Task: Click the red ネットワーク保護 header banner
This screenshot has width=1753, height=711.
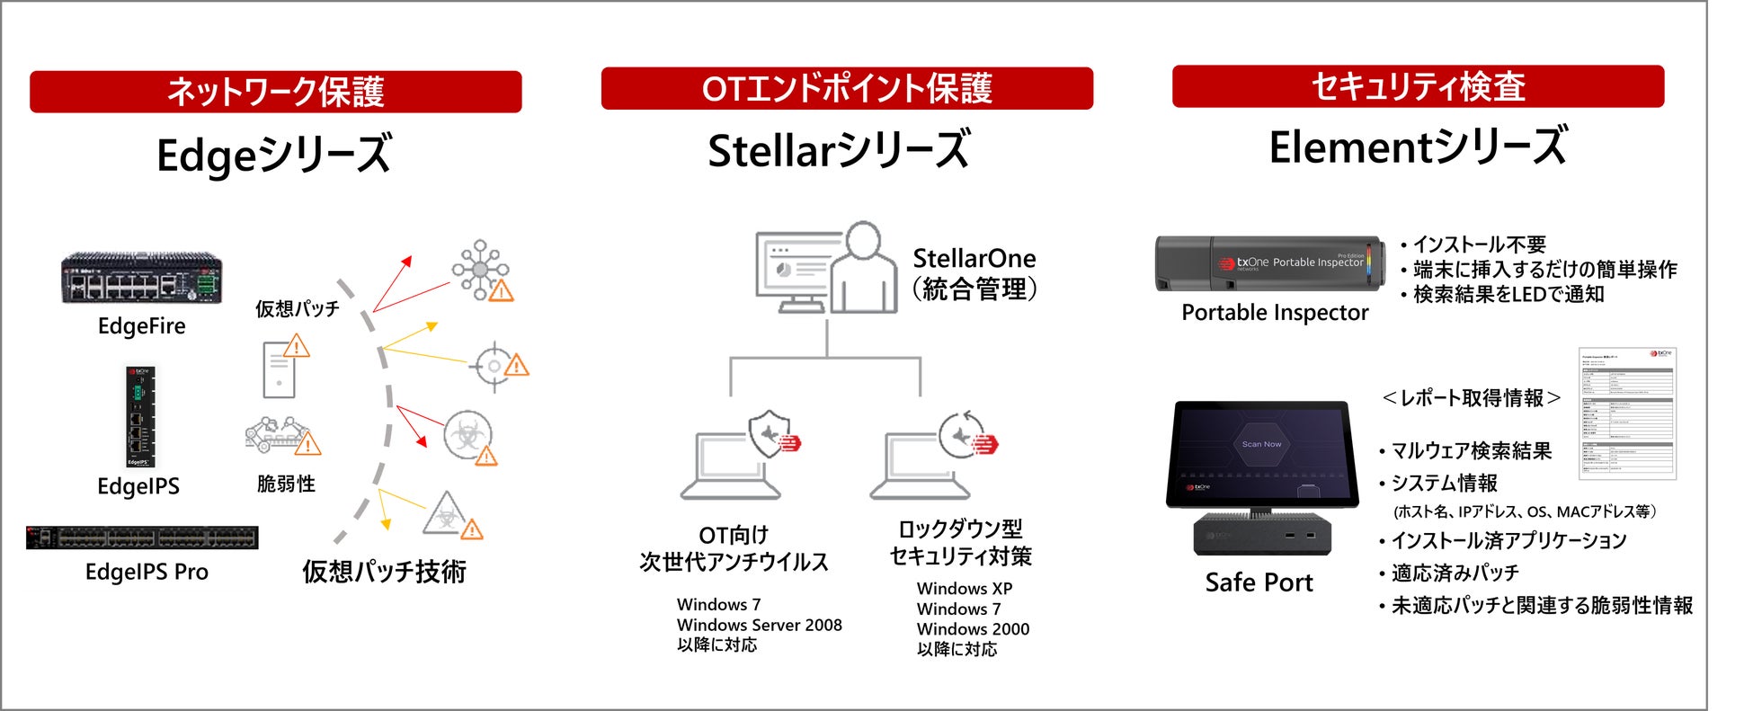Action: tap(275, 92)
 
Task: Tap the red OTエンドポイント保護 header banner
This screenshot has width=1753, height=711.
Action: tap(846, 88)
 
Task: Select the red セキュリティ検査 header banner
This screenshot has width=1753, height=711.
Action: tap(1418, 86)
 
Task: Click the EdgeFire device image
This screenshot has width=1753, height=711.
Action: tap(141, 279)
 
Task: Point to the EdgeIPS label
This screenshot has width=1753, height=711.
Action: tap(138, 486)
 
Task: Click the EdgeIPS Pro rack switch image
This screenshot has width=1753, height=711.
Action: tap(142, 538)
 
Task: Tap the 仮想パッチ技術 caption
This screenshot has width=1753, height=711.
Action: tap(384, 572)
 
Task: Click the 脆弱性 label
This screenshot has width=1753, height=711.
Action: tap(286, 484)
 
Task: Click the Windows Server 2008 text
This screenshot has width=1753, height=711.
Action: tap(759, 625)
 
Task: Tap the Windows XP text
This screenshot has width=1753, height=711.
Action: tap(964, 589)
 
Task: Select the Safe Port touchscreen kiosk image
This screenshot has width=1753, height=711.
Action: tap(1261, 476)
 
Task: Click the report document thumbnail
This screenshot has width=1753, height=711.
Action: tap(1627, 413)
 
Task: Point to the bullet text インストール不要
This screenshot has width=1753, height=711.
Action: tap(1479, 244)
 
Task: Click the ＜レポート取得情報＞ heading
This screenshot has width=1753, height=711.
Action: tap(1471, 398)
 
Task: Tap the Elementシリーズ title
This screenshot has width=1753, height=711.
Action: tap(1418, 147)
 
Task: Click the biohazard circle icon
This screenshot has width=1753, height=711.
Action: tap(467, 436)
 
